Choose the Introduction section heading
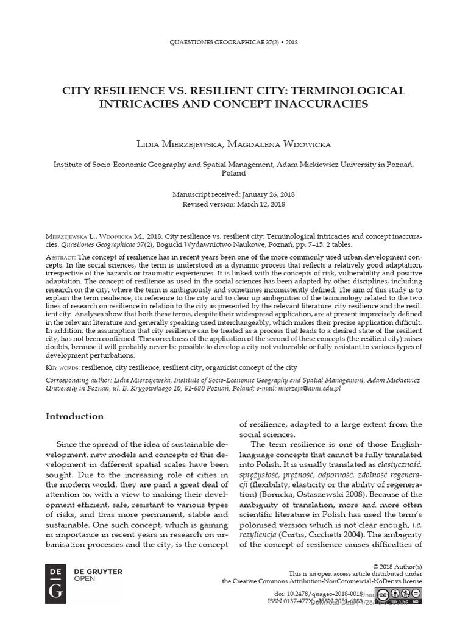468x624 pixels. click(x=75, y=416)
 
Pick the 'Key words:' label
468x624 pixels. click(x=63, y=367)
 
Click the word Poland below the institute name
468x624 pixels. click(x=233, y=172)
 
